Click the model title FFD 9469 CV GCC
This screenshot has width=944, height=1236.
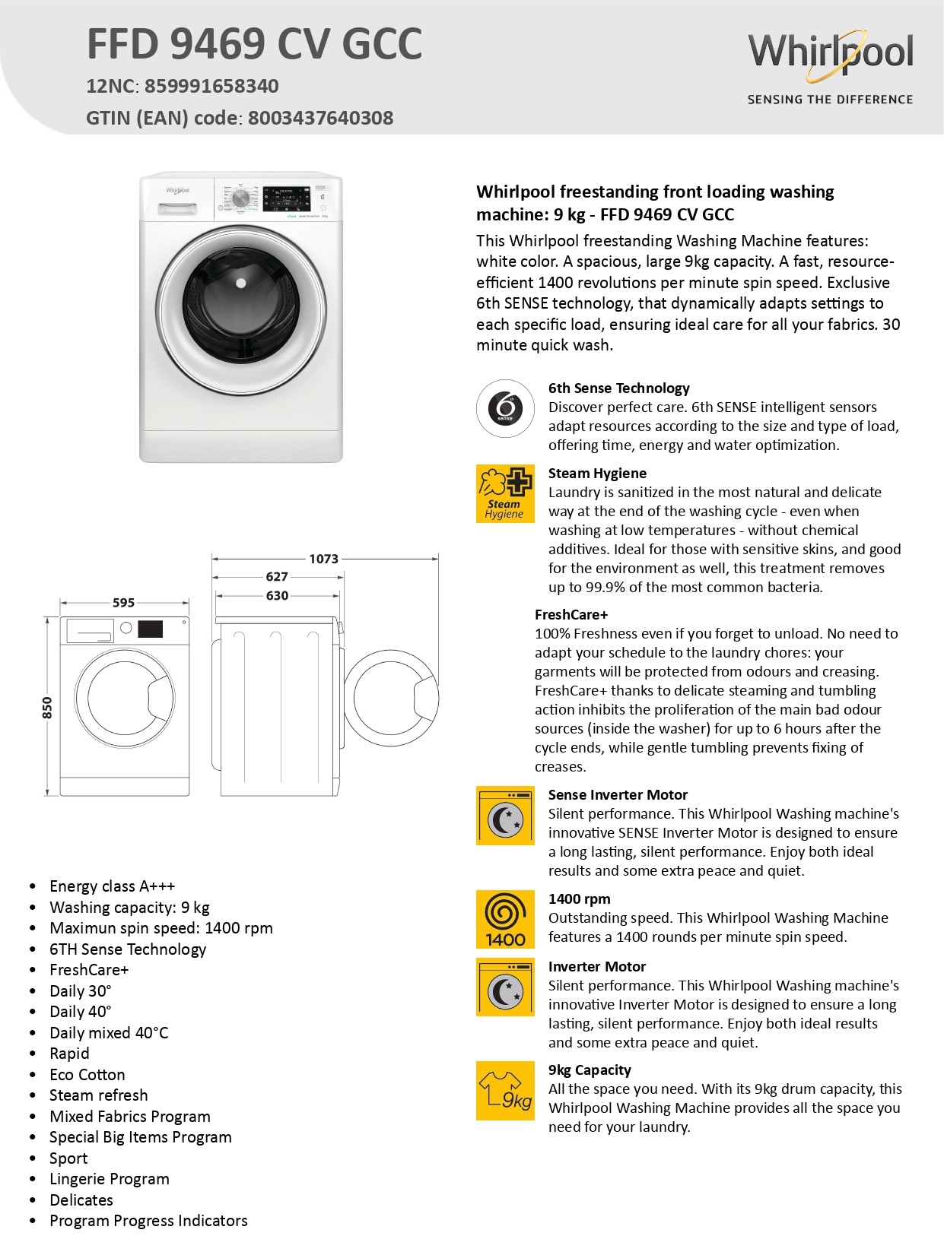click(254, 44)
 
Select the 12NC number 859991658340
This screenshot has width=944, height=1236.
click(211, 86)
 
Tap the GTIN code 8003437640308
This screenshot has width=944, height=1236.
click(320, 118)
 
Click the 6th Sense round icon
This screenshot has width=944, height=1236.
click(505, 408)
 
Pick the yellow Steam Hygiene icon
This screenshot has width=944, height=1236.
click(505, 493)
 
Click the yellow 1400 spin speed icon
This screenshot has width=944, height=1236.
click(505, 919)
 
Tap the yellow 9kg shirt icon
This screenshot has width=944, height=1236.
click(505, 1091)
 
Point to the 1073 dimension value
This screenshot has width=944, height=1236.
click(323, 559)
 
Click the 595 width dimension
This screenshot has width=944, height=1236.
click(123, 603)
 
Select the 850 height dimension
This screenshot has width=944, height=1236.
click(47, 708)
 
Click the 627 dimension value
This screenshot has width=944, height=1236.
click(277, 577)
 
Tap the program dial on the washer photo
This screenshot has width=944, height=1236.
click(240, 198)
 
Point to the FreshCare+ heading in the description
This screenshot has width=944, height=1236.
click(571, 615)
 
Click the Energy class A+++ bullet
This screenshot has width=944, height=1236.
click(112, 886)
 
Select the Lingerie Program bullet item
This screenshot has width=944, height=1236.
click(110, 1179)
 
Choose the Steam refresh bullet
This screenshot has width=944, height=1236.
click(99, 1095)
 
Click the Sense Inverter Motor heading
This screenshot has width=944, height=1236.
click(618, 795)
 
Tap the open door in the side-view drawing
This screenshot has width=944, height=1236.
click(391, 698)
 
